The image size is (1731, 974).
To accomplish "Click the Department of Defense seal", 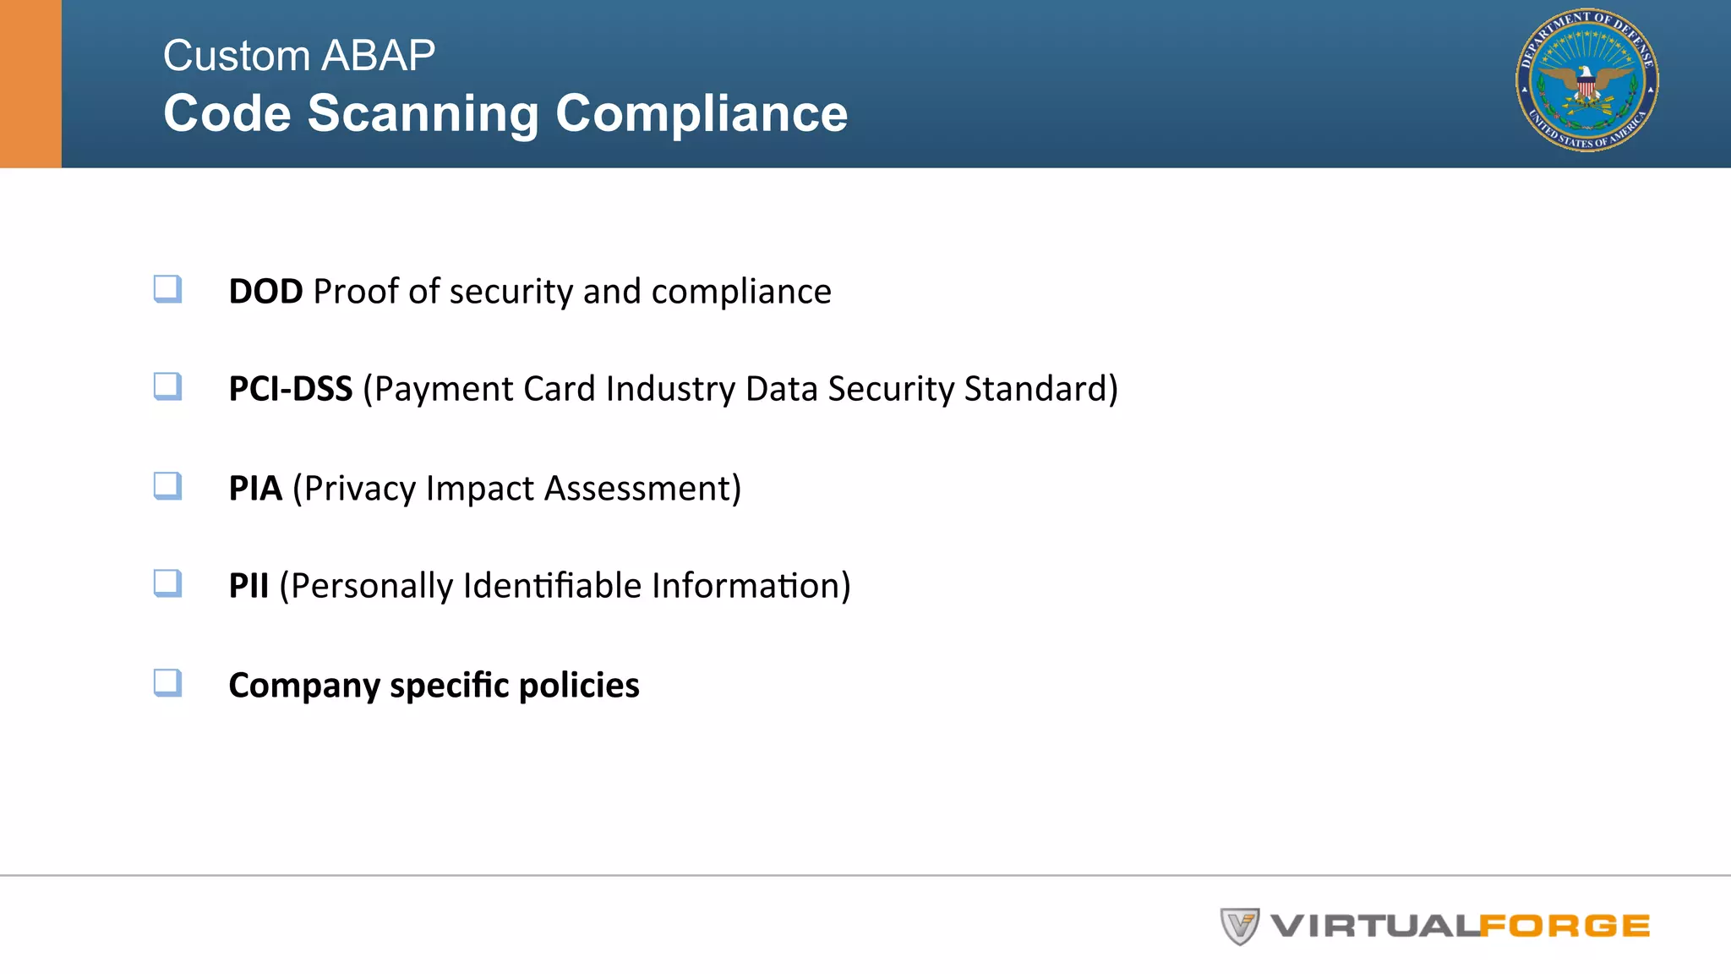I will pos(1586,80).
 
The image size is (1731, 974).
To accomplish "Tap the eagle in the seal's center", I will pos(1586,85).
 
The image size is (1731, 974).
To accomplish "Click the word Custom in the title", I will pos(237,56).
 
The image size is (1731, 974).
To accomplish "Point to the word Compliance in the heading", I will pos(701,113).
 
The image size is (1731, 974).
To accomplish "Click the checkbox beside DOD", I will pos(167,288).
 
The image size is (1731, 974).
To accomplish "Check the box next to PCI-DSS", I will pos(167,386).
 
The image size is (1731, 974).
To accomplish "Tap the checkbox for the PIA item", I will pos(167,485).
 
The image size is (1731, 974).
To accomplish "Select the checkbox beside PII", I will pos(167,583).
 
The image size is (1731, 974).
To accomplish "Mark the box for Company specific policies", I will pos(167,681).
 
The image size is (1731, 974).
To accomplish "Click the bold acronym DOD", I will pos(265,292).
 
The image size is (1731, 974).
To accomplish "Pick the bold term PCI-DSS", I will pos(290,389).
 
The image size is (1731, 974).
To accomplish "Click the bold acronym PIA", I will pos(255,489).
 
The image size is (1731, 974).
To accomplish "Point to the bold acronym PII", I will pos(248,586).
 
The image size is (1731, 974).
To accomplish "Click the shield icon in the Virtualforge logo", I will pos(1239,926).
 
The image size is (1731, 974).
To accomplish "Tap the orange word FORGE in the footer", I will pos(1564,927).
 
